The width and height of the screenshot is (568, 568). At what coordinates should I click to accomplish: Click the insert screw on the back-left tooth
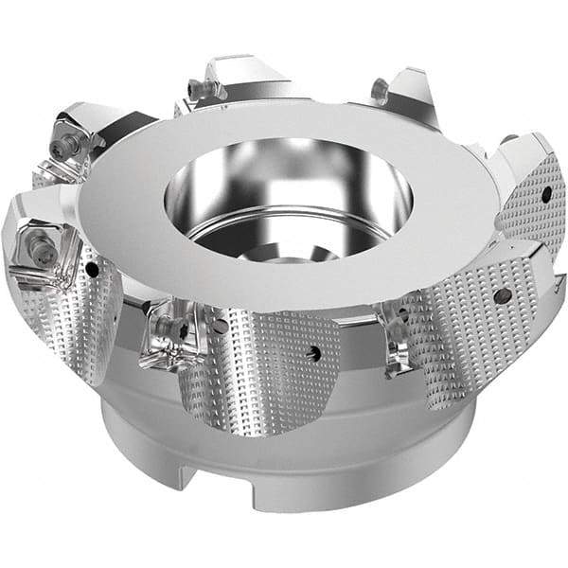(196, 90)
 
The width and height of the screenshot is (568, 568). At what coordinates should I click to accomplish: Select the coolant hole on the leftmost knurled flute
(93, 271)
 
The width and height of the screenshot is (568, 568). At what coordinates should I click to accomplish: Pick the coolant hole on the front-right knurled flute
(497, 294)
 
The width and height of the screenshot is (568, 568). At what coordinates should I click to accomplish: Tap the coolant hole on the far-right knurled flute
(546, 194)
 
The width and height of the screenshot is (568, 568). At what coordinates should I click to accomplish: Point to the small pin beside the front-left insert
(220, 327)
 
